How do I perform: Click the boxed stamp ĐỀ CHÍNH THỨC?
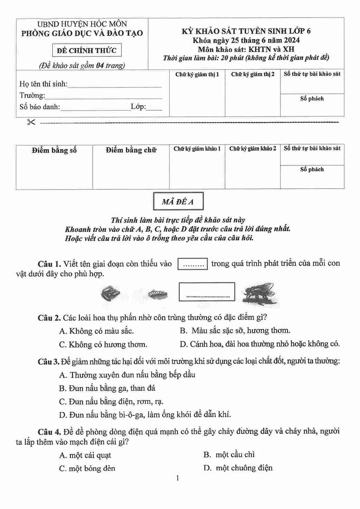(x=87, y=50)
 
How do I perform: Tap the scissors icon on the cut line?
(x=31, y=122)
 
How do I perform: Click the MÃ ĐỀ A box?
(x=178, y=201)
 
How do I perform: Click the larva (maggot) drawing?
(x=158, y=294)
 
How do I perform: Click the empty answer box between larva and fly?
(x=207, y=292)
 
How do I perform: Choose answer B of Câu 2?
(x=235, y=331)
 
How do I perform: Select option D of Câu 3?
(x=145, y=415)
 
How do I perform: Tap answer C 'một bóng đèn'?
(x=87, y=469)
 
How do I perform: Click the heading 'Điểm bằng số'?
(x=54, y=150)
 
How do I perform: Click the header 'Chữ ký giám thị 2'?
(x=252, y=74)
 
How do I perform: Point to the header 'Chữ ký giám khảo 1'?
(x=197, y=149)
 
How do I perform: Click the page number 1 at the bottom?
(x=177, y=478)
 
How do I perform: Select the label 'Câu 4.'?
(x=49, y=432)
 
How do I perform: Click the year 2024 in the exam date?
(x=291, y=40)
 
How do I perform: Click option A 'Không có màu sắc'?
(x=96, y=331)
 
